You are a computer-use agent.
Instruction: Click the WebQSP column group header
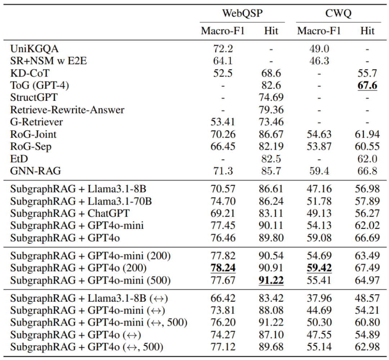click(242, 13)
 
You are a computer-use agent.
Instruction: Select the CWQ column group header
click(338, 13)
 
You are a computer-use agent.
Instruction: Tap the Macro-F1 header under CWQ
click(319, 31)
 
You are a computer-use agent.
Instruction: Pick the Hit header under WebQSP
click(271, 31)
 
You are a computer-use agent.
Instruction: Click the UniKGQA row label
click(34, 49)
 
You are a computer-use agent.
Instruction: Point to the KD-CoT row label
click(30, 73)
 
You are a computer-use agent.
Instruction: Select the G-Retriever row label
click(36, 122)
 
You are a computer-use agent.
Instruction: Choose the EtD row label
click(19, 159)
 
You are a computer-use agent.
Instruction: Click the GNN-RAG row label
click(35, 171)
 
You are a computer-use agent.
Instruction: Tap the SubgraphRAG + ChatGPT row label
click(70, 213)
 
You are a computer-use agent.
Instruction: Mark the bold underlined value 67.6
click(367, 85)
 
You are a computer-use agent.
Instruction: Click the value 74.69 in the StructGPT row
click(271, 97)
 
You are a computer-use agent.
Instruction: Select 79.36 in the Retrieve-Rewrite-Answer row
click(271, 110)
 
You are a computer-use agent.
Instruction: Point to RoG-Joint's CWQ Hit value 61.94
click(367, 134)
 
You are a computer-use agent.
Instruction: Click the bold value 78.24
click(223, 268)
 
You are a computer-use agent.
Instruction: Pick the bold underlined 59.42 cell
click(319, 268)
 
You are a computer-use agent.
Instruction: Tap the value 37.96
click(319, 298)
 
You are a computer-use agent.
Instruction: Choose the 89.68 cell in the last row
click(271, 347)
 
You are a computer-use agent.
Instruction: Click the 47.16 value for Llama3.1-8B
click(319, 189)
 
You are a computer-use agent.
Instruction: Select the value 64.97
click(367, 280)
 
